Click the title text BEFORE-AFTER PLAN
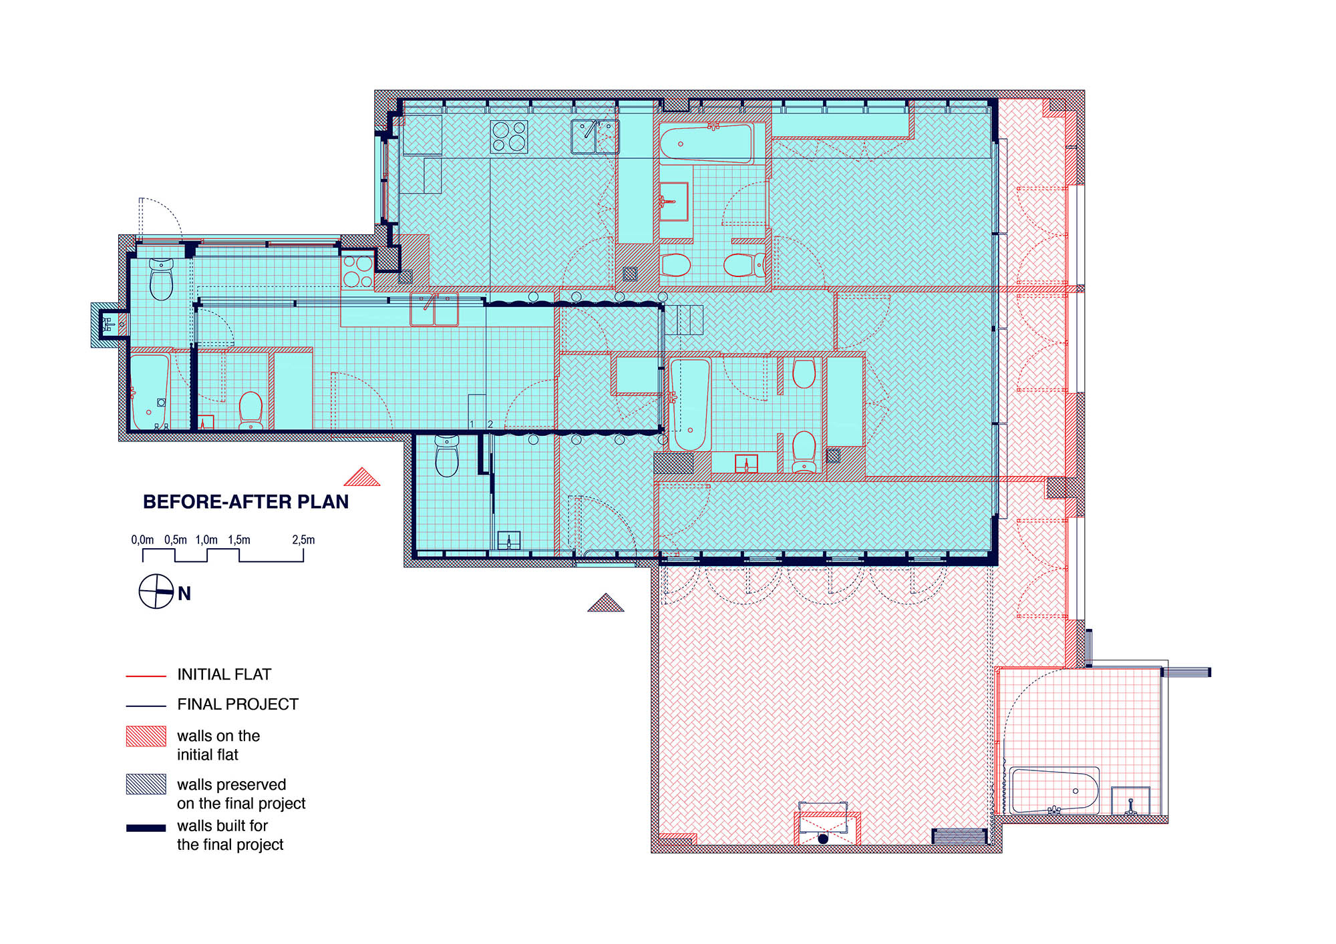246,502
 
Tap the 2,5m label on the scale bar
303,539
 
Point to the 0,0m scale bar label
142,539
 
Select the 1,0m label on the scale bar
206,539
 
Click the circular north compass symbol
156,592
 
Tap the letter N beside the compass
184,594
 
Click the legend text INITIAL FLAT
224,674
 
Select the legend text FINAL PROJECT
238,704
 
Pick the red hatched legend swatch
146,736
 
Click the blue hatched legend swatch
146,784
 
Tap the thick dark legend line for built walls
146,828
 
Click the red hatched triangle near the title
362,477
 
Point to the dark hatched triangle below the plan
606,603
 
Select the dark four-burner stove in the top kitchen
509,136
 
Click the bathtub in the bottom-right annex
1055,790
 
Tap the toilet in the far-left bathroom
162,279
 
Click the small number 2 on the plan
490,425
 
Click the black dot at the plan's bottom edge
823,839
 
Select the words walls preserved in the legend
231,784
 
